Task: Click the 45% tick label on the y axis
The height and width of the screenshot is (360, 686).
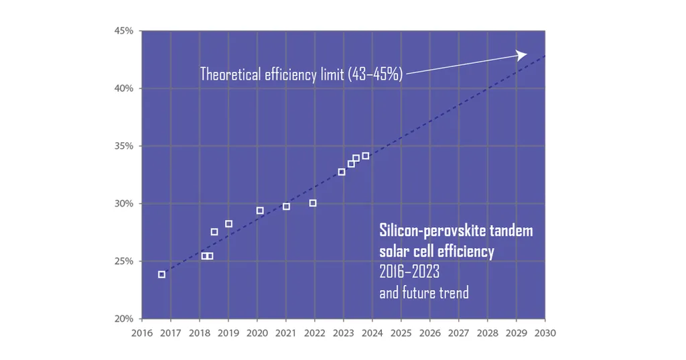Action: pos(125,31)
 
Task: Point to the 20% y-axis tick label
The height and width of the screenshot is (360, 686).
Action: pos(125,318)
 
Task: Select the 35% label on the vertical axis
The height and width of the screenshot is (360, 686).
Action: pos(125,146)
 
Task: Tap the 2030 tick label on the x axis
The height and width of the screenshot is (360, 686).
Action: pos(545,333)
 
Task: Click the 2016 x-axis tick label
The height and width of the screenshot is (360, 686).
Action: pos(142,333)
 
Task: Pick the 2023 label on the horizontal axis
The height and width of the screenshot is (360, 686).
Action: pos(343,333)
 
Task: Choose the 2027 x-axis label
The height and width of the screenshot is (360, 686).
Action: pos(458,333)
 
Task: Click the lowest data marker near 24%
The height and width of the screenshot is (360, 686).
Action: pos(161,274)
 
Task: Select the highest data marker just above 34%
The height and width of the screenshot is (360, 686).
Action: pos(365,156)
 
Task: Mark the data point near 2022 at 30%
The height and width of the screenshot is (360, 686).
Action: pos(313,203)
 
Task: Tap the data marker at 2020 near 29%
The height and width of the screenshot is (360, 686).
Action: pos(260,211)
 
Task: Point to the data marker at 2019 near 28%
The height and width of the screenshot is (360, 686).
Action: pos(228,224)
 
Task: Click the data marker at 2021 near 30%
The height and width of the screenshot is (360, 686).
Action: pos(286,206)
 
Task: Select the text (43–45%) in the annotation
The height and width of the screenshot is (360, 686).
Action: pos(375,74)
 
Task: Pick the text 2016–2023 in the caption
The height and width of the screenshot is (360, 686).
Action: pos(409,273)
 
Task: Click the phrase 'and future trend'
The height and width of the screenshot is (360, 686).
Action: pos(424,293)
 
